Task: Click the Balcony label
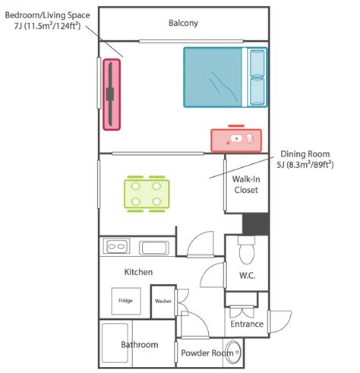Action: [x=183, y=23]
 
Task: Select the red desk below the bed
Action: [x=236, y=139]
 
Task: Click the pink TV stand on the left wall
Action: [x=112, y=94]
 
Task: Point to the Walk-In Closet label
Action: [x=246, y=184]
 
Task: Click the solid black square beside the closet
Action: [x=255, y=224]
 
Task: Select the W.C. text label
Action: [x=247, y=275]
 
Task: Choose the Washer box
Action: [x=163, y=302]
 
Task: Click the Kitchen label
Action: [x=139, y=271]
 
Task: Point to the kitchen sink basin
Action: [x=154, y=247]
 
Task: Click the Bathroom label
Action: [x=140, y=345]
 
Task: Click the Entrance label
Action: [x=247, y=324]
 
